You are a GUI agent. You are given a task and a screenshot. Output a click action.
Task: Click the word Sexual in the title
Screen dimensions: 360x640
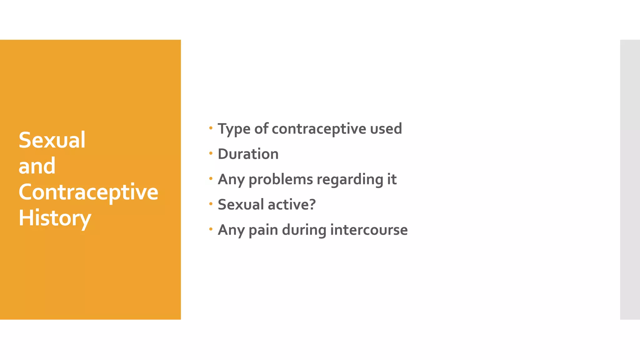(x=52, y=140)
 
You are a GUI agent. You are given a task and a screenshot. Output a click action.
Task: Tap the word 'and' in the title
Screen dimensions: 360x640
(x=37, y=166)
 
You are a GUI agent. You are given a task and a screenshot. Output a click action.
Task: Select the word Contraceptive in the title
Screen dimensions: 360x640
(x=88, y=192)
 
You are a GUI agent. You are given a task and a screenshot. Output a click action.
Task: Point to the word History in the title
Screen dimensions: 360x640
(x=55, y=218)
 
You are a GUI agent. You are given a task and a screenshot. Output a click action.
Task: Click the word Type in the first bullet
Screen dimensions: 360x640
(x=234, y=129)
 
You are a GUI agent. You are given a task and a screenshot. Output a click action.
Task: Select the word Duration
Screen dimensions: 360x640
(x=248, y=154)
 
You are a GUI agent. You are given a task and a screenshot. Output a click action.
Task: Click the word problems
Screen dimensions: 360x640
(x=281, y=180)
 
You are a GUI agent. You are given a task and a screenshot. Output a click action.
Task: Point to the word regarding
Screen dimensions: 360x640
(x=350, y=180)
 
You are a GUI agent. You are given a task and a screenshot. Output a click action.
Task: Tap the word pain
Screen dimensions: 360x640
(x=263, y=230)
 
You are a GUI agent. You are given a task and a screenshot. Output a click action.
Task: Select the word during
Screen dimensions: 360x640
(x=304, y=230)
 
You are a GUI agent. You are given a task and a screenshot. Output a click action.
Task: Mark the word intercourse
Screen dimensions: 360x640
(x=369, y=230)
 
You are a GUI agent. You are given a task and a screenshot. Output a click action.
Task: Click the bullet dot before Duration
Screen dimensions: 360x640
(x=211, y=153)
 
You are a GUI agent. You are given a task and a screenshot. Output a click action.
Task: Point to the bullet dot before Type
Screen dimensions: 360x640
(x=211, y=128)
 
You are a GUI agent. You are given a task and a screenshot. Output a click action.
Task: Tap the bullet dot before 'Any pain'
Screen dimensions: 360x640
(x=211, y=229)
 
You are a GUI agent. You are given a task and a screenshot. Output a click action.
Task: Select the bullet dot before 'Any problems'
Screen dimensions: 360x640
(x=211, y=178)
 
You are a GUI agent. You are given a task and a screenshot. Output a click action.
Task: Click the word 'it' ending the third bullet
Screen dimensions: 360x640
(x=392, y=179)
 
